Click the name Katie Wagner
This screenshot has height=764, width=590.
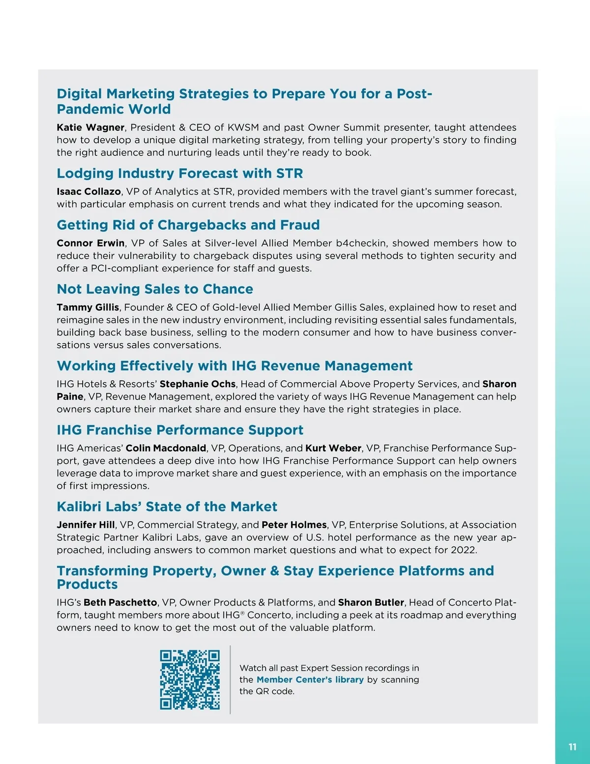pyautogui.click(x=90, y=127)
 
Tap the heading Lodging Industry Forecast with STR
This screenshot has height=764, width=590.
pyautogui.click(x=179, y=174)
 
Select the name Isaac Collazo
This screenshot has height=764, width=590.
pyautogui.click(x=88, y=191)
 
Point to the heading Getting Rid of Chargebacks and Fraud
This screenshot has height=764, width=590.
pyautogui.click(x=188, y=225)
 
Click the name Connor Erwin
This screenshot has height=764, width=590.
pyautogui.click(x=90, y=243)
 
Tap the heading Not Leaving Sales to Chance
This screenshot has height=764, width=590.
pyautogui.click(x=155, y=289)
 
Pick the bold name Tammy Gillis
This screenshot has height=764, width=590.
pyautogui.click(x=88, y=307)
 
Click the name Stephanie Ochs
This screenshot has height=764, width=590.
pyautogui.click(x=198, y=384)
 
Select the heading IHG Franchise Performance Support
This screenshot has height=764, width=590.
pyautogui.click(x=180, y=430)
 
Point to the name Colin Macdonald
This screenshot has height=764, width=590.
pyautogui.click(x=166, y=448)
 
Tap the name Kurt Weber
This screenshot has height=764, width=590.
pyautogui.click(x=333, y=448)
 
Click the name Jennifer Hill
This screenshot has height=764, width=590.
pyautogui.click(x=86, y=525)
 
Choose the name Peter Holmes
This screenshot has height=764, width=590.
pyautogui.click(x=294, y=525)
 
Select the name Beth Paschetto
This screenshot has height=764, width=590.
pyautogui.click(x=120, y=603)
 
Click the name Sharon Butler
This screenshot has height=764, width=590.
pyautogui.click(x=371, y=603)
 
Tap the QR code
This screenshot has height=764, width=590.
pyautogui.click(x=190, y=679)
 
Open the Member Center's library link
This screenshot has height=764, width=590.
pyautogui.click(x=310, y=680)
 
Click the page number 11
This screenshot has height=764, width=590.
pyautogui.click(x=572, y=747)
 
